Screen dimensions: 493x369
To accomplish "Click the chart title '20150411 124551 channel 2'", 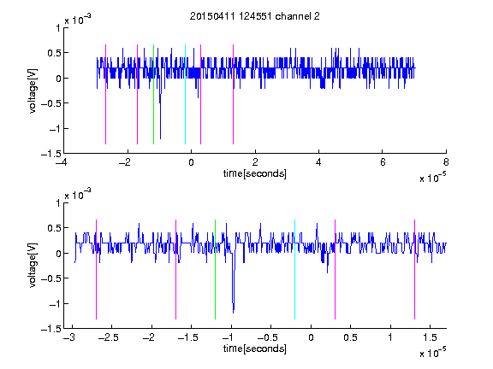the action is coord(255,16).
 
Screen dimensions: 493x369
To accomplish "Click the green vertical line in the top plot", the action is coord(153,95).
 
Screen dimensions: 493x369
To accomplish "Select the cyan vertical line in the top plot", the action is coord(185,95).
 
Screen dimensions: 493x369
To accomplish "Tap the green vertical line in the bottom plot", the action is coord(215,270).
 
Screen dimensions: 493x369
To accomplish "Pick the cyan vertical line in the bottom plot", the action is coord(294,270).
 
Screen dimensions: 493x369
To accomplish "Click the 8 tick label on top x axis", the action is coord(446,162).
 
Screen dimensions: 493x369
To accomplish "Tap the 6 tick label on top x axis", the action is coord(383,162).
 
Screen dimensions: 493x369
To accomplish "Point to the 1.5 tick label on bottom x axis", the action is coord(430,337).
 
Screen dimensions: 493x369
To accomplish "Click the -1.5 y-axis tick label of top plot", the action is coord(51,154).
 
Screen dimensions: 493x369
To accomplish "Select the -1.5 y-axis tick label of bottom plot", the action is coord(51,329).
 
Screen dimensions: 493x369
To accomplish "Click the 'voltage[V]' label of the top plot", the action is coord(33,91).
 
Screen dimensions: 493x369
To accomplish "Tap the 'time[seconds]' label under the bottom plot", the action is coord(255,348).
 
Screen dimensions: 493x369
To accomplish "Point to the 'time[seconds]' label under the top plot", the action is coord(255,173).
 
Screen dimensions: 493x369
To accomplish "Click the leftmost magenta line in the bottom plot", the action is coord(96,270).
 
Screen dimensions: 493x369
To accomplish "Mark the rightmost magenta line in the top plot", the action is coord(233,95).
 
